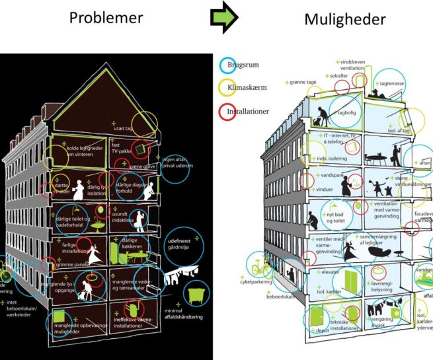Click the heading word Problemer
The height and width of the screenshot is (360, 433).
pos(106,18)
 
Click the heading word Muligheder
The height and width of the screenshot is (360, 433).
pos(344,20)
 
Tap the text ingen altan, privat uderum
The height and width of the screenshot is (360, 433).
pos(178,162)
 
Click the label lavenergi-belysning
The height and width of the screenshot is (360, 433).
pos(377,276)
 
